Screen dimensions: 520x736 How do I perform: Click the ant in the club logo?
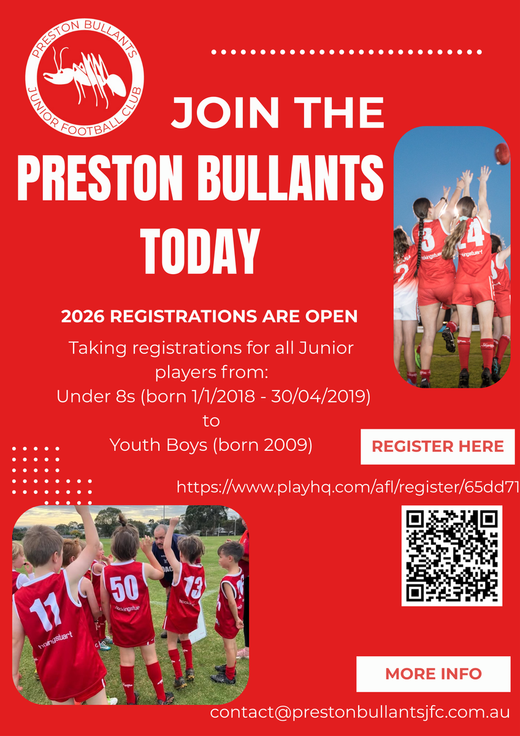click(84, 79)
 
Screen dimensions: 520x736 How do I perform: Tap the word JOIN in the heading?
click(225, 113)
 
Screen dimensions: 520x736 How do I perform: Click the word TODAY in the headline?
click(200, 251)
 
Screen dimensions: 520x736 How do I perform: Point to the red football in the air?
click(502, 153)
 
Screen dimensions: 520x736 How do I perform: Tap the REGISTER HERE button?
click(438, 447)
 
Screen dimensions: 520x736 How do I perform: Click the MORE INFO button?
click(434, 674)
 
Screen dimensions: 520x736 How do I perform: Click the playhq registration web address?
click(348, 487)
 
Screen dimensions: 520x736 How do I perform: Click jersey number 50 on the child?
click(124, 588)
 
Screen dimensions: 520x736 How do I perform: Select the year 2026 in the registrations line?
click(83, 316)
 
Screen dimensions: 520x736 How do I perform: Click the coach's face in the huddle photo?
click(161, 536)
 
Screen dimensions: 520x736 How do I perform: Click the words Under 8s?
click(96, 397)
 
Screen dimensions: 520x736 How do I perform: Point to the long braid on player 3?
click(420, 243)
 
